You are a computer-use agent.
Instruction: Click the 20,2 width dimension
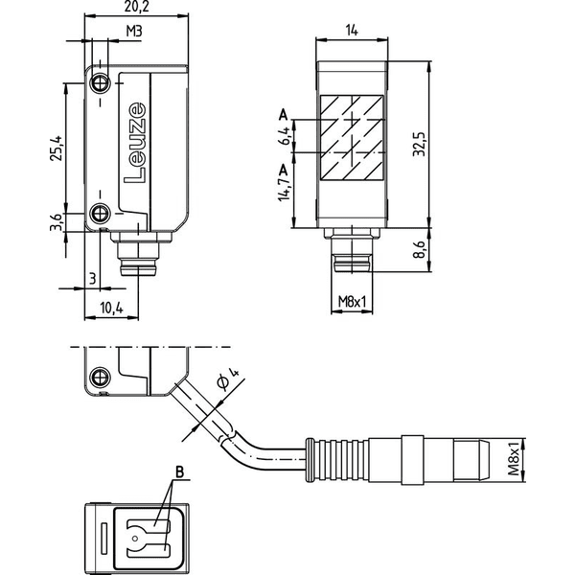137,7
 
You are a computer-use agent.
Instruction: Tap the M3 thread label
134,32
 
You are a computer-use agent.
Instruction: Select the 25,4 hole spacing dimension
57,148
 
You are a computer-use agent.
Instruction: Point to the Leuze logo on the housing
135,143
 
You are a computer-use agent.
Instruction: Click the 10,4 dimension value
112,309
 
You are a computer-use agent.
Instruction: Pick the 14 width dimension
352,31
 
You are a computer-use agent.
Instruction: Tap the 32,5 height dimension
419,144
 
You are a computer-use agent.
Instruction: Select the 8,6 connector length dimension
419,250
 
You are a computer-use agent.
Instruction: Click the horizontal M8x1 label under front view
352,302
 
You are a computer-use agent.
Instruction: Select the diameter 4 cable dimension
228,379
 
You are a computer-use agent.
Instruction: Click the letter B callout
179,471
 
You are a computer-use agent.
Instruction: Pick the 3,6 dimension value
57,222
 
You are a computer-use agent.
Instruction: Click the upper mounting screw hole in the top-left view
100,84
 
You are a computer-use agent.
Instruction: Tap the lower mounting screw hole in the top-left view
100,213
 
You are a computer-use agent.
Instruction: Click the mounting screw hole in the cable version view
100,377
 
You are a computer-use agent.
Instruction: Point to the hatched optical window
352,138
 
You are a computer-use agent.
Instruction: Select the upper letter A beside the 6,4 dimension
283,115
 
